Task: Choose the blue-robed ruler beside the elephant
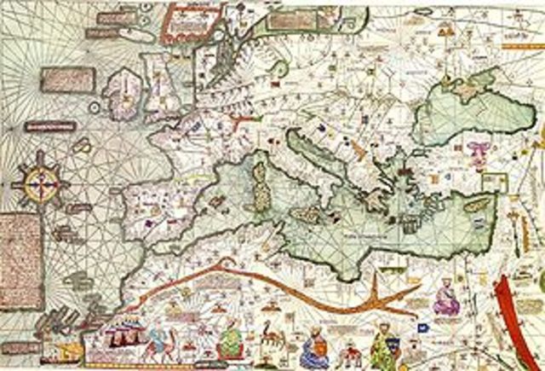click(314, 348)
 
